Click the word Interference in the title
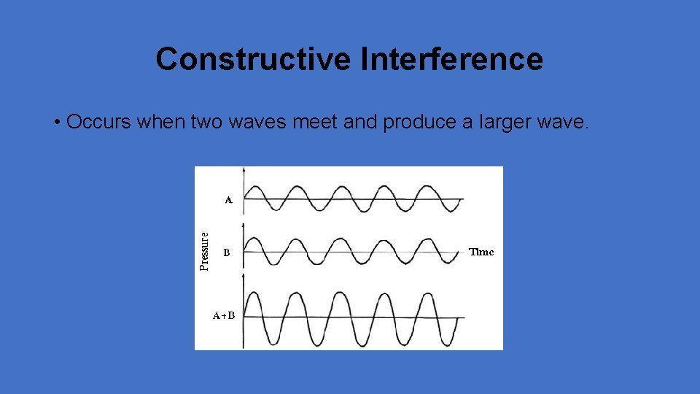point(451,59)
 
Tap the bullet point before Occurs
point(57,122)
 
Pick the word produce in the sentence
point(419,122)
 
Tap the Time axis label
point(481,252)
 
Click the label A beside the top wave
point(228,199)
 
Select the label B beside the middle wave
point(227,253)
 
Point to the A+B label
point(224,316)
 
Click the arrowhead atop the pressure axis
point(243,170)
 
